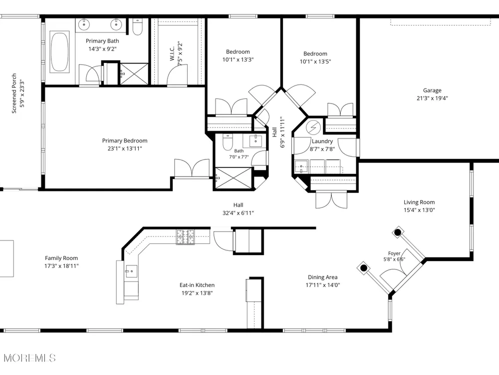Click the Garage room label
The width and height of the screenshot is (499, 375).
point(432,90)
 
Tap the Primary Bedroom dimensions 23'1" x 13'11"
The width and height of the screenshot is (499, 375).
point(125,148)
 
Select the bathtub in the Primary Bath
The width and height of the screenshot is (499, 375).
point(59,52)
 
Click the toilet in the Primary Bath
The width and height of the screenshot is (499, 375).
point(138,27)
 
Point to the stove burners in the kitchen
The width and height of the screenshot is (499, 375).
point(186,237)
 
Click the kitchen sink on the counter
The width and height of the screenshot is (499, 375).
point(131,271)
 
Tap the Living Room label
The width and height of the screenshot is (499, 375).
point(419,202)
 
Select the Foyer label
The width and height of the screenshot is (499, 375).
point(394,253)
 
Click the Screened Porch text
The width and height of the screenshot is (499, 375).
point(14,93)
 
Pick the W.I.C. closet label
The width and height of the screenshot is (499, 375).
point(172,54)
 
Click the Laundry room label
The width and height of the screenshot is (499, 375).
point(322,141)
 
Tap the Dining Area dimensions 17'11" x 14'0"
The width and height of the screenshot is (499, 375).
point(323,285)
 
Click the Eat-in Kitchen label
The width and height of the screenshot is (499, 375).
point(197,285)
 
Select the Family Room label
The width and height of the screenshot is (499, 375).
point(61,258)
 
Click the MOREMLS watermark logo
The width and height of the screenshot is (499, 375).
point(30,358)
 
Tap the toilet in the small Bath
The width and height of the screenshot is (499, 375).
point(228,142)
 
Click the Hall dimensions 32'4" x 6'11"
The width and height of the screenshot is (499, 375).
point(239,213)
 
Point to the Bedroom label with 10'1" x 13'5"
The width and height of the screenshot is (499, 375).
point(315,53)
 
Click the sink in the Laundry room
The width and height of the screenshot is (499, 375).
point(301,166)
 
